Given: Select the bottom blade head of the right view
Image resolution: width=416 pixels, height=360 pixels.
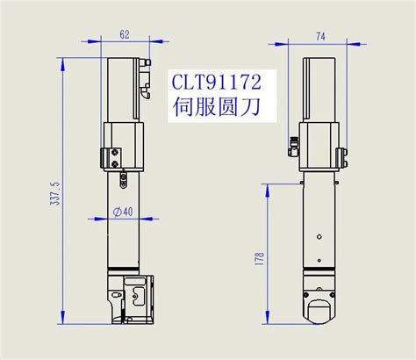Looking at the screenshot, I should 319,304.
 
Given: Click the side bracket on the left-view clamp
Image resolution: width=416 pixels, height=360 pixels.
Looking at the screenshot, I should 111,157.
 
